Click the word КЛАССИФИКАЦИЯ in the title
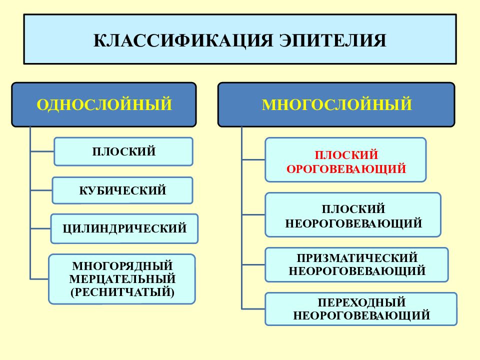[x=183, y=40]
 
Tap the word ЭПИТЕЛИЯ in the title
[x=332, y=40]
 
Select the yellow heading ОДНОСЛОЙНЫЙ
[x=104, y=104]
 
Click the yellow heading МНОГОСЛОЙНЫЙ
[x=336, y=104]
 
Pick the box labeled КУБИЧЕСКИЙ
[x=122, y=190]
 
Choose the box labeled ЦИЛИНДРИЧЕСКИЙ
[x=124, y=228]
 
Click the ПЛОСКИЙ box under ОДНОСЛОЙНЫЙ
[x=123, y=151]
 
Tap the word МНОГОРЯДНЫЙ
[x=122, y=265]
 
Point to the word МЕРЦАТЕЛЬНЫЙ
[x=122, y=279]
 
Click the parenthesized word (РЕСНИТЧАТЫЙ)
[x=122, y=292]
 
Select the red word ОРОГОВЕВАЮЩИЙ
[x=346, y=168]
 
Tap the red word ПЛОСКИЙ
[x=346, y=155]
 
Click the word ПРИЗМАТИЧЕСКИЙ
[x=357, y=258]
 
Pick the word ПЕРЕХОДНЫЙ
[x=361, y=302]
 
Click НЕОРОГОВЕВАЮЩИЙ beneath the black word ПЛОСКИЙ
[x=353, y=223]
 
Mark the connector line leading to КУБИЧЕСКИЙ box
[x=41, y=190]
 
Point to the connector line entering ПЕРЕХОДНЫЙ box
[x=253, y=309]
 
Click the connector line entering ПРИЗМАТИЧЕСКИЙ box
[x=253, y=264]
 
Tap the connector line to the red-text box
[x=253, y=159]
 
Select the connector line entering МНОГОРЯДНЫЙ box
[x=39, y=279]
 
